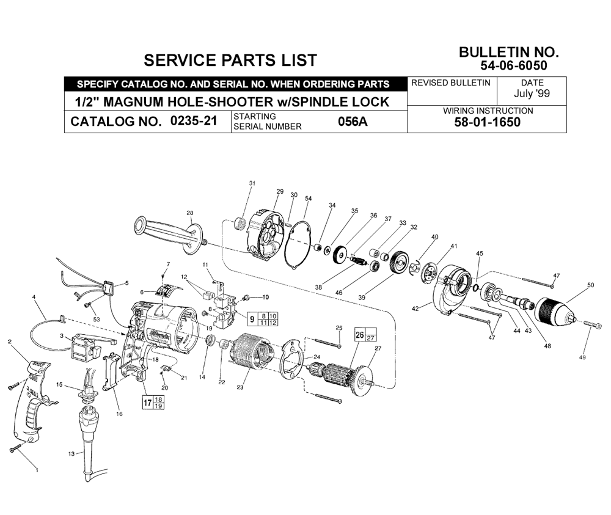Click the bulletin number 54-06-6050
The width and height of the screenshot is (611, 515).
click(x=514, y=65)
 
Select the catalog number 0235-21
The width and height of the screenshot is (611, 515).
click(x=194, y=121)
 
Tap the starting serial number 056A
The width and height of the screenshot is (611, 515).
click(x=353, y=122)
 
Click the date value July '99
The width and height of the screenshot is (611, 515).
click(x=532, y=93)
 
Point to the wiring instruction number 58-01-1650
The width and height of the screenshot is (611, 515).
click(x=487, y=122)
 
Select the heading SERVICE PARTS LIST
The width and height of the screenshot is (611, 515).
click(x=230, y=60)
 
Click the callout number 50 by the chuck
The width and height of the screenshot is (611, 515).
click(x=591, y=285)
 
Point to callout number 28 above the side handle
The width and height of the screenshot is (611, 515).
click(x=190, y=213)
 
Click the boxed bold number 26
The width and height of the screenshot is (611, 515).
click(x=360, y=335)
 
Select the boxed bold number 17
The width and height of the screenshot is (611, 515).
click(x=147, y=403)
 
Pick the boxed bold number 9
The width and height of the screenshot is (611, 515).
click(x=252, y=320)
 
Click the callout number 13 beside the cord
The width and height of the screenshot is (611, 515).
click(x=71, y=454)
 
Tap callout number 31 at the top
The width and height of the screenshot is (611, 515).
click(x=252, y=183)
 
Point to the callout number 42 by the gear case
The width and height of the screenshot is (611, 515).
click(x=415, y=309)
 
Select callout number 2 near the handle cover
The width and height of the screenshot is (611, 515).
click(x=10, y=342)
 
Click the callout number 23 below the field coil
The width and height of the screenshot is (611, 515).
click(x=240, y=387)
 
